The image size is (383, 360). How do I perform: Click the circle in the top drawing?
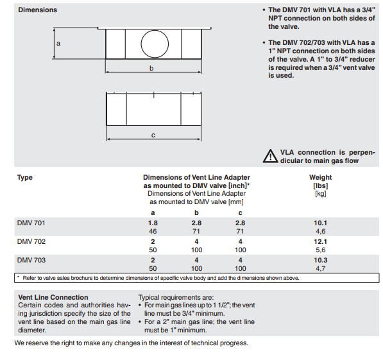point(141,44)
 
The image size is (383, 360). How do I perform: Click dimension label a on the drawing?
point(58,44)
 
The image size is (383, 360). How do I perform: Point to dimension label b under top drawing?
point(151,68)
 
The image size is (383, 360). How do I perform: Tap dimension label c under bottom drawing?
point(153,135)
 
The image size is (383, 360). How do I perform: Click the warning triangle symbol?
point(270,156)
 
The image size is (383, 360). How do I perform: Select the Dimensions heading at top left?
point(38,10)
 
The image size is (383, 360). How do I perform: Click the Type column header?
point(24,178)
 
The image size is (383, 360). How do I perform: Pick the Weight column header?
point(321,177)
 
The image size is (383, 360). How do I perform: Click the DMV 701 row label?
point(31,223)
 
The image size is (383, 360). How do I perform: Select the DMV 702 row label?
point(31,241)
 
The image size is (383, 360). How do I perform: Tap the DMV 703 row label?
point(31,260)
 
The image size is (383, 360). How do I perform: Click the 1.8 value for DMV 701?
point(153,223)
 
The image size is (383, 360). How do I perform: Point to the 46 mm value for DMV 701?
point(153,231)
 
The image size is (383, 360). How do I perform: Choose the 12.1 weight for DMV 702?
point(321,241)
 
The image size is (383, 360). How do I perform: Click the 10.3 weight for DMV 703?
point(321,260)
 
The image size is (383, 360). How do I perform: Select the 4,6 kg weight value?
point(321,231)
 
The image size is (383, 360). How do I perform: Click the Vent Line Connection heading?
point(53,297)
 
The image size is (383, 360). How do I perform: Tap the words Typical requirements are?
point(176,298)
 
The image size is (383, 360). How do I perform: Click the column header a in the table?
point(153,213)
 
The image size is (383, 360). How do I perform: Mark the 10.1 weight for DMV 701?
point(321,223)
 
